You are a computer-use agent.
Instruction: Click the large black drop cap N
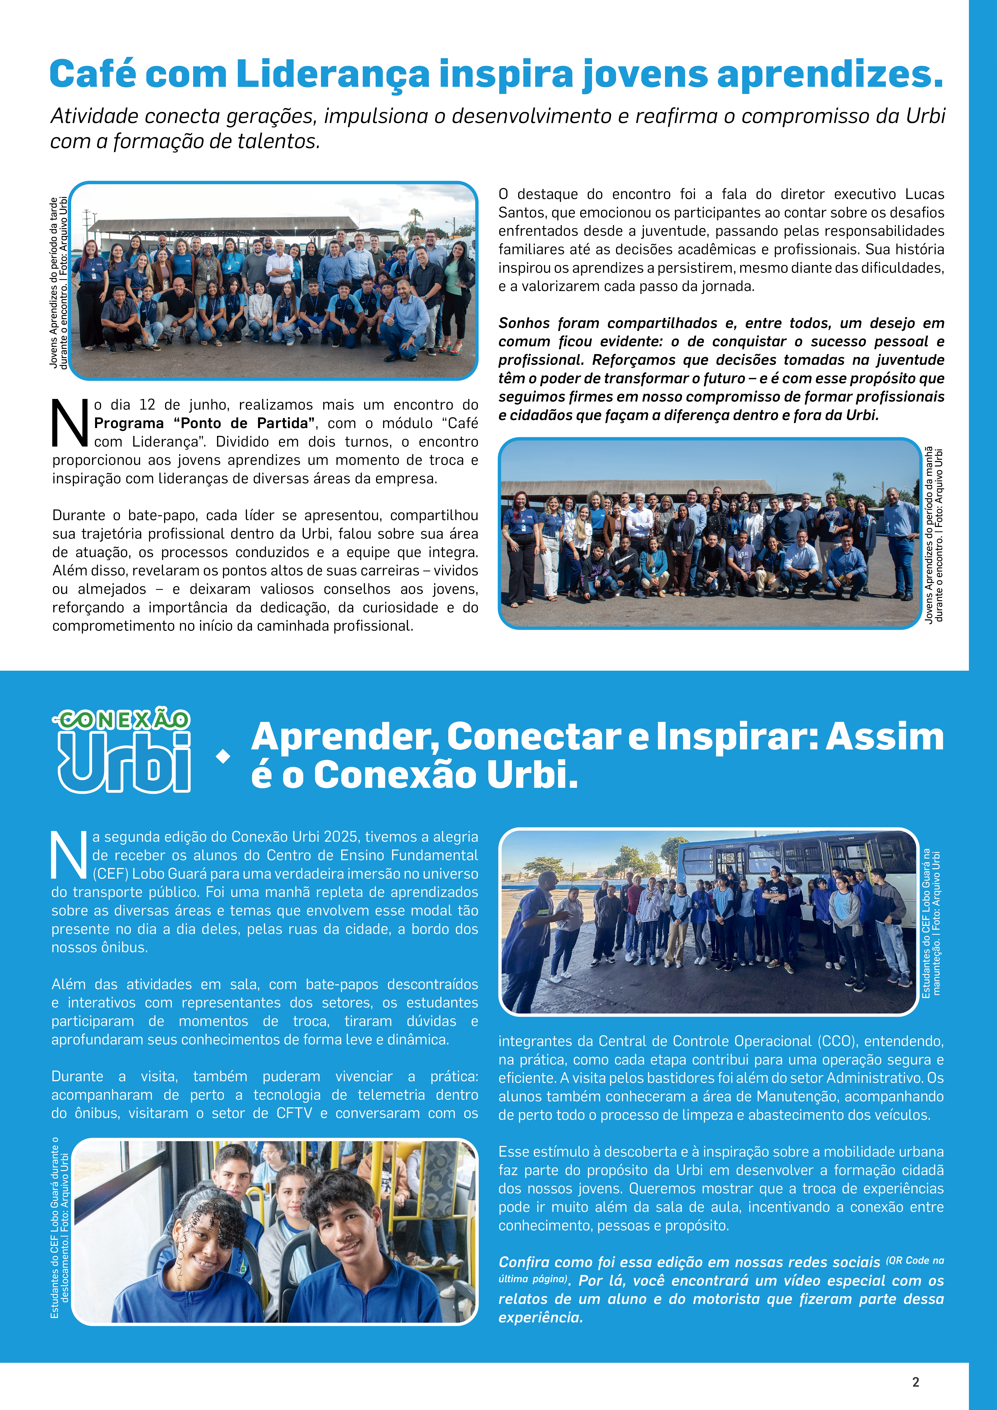[x=69, y=424]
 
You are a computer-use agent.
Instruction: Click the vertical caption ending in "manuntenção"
[x=931, y=922]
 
